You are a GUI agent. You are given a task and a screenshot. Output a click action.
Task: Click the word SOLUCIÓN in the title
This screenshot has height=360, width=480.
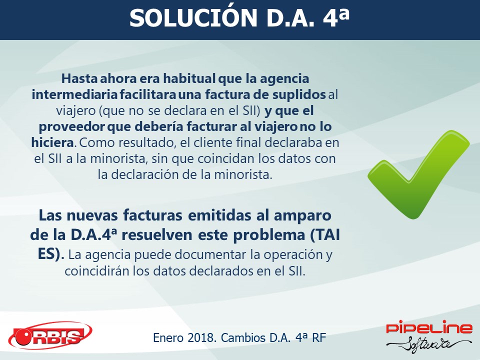tap(193, 18)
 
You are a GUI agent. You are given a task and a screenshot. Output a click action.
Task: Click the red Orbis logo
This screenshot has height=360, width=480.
tap(50, 336)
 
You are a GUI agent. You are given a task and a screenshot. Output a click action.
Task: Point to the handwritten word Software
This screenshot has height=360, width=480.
tap(428, 344)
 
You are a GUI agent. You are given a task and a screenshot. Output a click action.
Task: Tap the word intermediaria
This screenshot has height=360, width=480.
tap(74, 94)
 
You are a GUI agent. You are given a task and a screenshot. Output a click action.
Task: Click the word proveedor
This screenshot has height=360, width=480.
tap(71, 127)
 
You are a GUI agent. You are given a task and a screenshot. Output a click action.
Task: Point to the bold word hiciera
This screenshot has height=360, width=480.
tap(52, 142)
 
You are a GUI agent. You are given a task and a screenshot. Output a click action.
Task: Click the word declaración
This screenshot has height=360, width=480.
tap(144, 174)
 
